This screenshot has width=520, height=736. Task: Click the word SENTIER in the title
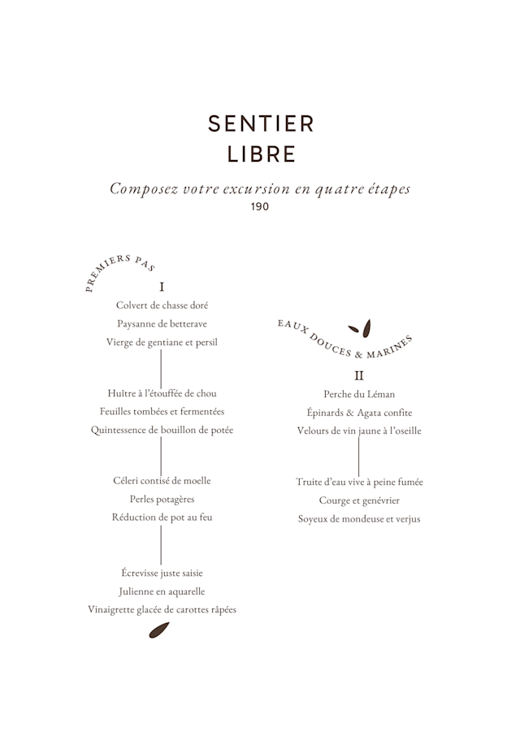pyautogui.click(x=261, y=123)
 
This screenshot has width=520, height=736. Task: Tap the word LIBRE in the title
pyautogui.click(x=261, y=154)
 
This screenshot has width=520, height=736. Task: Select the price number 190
pyautogui.click(x=260, y=206)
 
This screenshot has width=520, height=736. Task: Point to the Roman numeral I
pyautogui.click(x=162, y=287)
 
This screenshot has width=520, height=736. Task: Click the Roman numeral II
pyautogui.click(x=359, y=375)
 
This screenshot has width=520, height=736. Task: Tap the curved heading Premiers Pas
pyautogui.click(x=119, y=267)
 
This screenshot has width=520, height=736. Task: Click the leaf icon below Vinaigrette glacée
pyautogui.click(x=159, y=630)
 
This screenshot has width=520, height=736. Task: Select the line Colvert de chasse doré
pyautogui.click(x=162, y=305)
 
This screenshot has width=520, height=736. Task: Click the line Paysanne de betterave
pyautogui.click(x=162, y=323)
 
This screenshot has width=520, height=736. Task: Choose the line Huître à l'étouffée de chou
pyautogui.click(x=162, y=393)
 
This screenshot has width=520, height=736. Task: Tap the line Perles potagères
pyautogui.click(x=162, y=499)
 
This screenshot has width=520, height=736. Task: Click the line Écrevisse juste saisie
pyautogui.click(x=162, y=573)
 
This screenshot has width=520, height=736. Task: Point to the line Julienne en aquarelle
pyautogui.click(x=162, y=591)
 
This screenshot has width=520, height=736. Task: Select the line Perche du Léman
pyautogui.click(x=359, y=394)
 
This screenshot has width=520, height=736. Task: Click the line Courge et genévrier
pyautogui.click(x=359, y=500)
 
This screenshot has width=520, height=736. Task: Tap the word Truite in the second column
pyautogui.click(x=310, y=482)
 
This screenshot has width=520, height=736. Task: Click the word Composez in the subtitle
pyautogui.click(x=144, y=188)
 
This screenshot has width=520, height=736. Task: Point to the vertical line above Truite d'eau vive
pyautogui.click(x=359, y=456)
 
